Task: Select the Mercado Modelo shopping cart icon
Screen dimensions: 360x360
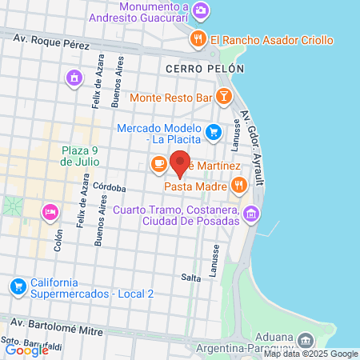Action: [x=212, y=132]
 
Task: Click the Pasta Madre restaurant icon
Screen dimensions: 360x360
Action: [x=238, y=186]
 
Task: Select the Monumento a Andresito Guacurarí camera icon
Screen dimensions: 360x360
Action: [x=200, y=11]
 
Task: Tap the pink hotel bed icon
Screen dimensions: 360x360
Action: [x=50, y=211]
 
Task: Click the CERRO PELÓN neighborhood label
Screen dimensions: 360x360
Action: [x=204, y=70]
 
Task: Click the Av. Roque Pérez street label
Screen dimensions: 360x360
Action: [x=56, y=41]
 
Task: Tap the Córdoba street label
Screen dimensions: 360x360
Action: [x=110, y=188]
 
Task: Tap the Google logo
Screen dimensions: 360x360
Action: [x=26, y=349]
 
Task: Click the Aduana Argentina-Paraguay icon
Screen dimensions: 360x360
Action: [x=306, y=341]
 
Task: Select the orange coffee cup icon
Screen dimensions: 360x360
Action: [x=158, y=165]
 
